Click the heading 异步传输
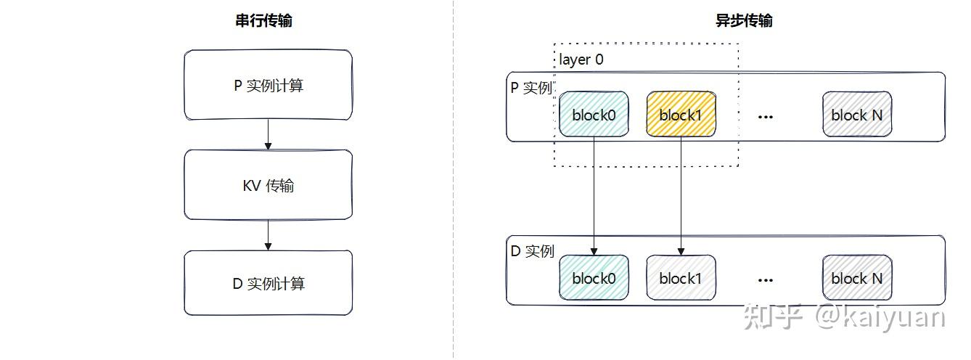click(x=744, y=20)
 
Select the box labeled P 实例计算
click(x=268, y=85)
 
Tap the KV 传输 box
click(x=268, y=185)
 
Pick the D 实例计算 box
click(x=268, y=283)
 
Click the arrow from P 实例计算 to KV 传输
click(x=268, y=135)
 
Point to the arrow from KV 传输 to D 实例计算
click(x=268, y=235)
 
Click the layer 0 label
click(x=581, y=60)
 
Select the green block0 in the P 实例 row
click(x=593, y=114)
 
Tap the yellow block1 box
click(x=681, y=114)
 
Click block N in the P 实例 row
click(x=856, y=114)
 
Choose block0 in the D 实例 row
click(x=593, y=277)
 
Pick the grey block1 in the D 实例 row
click(x=681, y=277)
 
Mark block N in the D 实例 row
click(x=856, y=277)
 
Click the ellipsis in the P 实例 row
click(x=765, y=116)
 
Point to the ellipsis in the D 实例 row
click(x=765, y=279)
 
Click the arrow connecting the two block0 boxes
click(x=594, y=196)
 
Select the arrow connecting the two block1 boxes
click(x=681, y=196)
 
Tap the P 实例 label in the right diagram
click(x=531, y=88)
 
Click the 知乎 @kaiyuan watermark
click(x=845, y=318)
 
